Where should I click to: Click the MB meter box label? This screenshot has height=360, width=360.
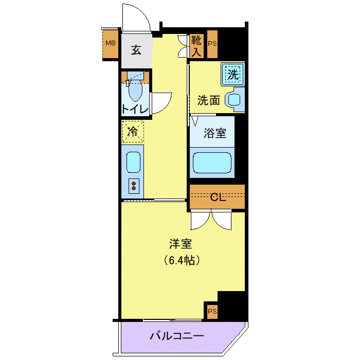111,43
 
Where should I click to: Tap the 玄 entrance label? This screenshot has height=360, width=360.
136,50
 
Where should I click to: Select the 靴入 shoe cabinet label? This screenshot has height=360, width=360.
196,46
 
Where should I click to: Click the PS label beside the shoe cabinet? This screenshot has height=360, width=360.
212,44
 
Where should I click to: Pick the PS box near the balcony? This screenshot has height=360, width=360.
212,312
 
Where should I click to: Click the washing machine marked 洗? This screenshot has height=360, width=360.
233,75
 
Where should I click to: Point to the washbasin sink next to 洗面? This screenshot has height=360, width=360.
235,100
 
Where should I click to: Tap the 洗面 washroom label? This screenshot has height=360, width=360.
208,100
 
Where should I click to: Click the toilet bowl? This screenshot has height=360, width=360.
135,91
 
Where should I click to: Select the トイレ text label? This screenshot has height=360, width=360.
135,109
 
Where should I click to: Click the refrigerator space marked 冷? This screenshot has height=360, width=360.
133,132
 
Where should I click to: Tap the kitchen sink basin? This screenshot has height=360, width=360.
133,162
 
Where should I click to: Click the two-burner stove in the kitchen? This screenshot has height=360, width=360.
134,186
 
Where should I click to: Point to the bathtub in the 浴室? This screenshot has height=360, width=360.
212,163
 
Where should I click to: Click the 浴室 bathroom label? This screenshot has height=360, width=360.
215,133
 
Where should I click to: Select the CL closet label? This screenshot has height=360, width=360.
218,197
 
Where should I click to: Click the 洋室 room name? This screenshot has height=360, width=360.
181,244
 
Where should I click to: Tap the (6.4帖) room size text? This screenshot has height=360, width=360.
182,260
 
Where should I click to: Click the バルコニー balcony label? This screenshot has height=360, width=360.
177,336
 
